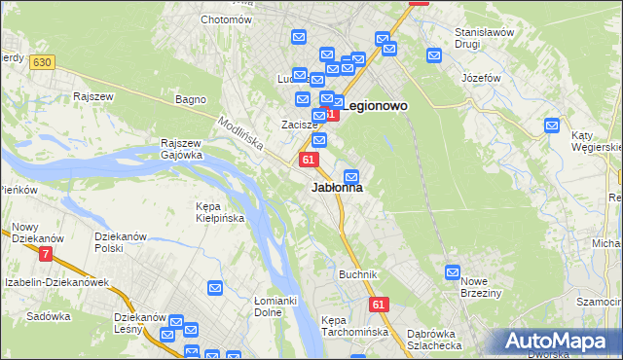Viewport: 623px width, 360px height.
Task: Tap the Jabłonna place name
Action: tap(337, 188)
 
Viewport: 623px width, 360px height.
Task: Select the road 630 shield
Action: tap(40, 62)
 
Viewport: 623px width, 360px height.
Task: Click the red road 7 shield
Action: tap(46, 255)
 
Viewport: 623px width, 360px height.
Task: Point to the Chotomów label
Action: tap(226, 19)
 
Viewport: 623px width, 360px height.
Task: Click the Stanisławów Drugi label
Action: tap(484, 38)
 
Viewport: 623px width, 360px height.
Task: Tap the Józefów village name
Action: tap(481, 77)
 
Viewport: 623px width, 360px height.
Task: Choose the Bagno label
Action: tap(189, 99)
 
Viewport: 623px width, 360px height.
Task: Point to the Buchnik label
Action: tap(357, 274)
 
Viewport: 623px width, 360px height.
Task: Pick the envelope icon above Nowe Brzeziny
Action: tap(453, 272)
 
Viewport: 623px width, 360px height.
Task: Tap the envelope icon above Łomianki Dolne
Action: tap(215, 287)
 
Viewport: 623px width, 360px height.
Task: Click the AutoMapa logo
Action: tap(559, 341)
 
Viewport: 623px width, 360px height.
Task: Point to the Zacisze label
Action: tap(301, 126)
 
